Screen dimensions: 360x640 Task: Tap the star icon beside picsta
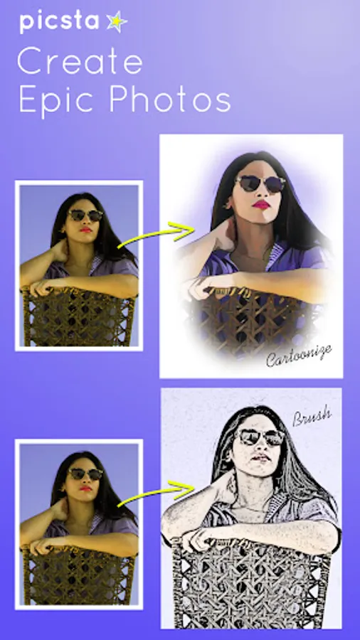tap(117, 21)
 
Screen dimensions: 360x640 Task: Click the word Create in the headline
tap(80, 61)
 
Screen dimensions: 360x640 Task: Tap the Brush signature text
tap(312, 417)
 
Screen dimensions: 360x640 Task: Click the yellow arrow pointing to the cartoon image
tap(157, 235)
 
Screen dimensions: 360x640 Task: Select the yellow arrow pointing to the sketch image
tap(157, 494)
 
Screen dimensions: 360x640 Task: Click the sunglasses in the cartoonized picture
tap(260, 183)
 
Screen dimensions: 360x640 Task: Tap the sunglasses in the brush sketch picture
tap(260, 437)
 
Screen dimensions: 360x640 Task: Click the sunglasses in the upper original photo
tap(85, 215)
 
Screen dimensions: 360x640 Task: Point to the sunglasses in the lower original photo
tap(85, 474)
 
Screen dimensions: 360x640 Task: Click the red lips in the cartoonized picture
tap(261, 205)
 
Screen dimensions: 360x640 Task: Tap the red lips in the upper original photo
tap(85, 230)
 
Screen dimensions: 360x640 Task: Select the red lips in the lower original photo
tap(85, 488)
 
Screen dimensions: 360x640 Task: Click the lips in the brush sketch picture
tap(261, 458)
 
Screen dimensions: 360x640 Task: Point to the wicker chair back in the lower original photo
tap(78, 575)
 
